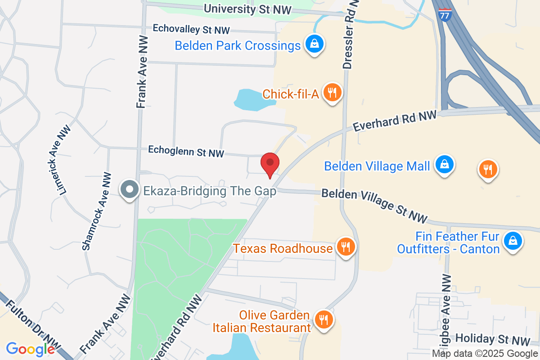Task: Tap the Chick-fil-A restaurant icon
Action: (x=333, y=93)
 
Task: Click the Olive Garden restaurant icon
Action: (x=323, y=319)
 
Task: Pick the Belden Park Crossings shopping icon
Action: (x=314, y=44)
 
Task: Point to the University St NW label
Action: (x=247, y=9)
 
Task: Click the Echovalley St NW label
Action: (x=191, y=29)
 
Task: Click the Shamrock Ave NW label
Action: (x=95, y=211)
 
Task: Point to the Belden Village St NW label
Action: (x=374, y=205)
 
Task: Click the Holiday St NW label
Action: (x=493, y=340)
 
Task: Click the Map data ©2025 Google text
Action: (x=485, y=354)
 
